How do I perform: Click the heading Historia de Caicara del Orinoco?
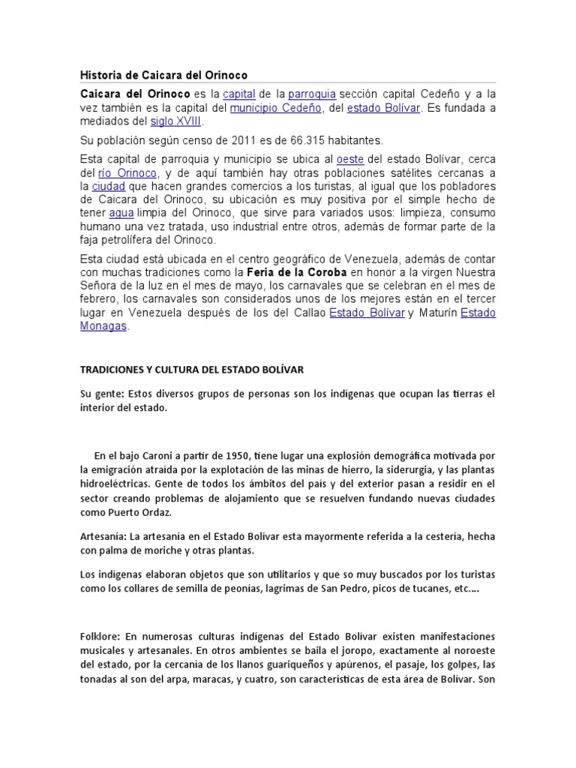(163, 75)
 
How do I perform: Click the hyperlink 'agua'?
(121, 213)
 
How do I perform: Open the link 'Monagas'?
(104, 326)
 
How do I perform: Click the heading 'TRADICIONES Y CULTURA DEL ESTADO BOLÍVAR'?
(191, 370)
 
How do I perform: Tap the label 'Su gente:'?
(101, 394)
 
